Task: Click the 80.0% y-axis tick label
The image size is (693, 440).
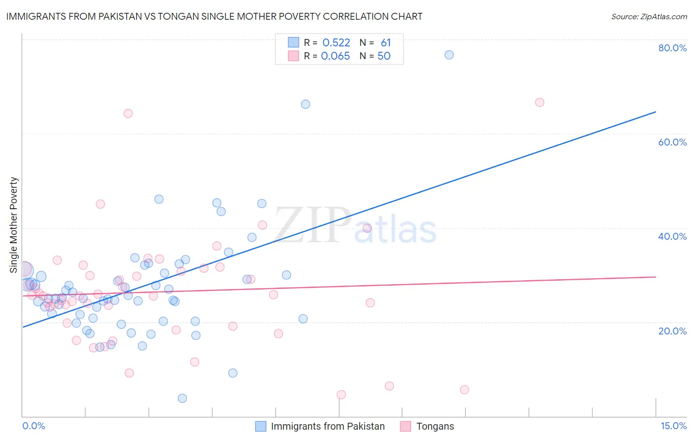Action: [672, 48]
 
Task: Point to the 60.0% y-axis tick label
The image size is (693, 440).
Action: [672, 142]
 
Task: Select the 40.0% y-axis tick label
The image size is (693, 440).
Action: [672, 236]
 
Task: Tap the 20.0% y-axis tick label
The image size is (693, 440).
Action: [672, 331]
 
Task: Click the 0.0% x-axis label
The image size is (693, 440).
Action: [34, 426]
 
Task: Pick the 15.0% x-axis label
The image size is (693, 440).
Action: [673, 426]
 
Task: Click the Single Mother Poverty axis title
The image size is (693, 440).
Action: [14, 225]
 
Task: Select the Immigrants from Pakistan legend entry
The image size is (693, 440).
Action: [328, 426]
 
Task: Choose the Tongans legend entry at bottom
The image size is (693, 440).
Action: [435, 426]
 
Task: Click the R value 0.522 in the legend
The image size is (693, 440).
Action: [336, 43]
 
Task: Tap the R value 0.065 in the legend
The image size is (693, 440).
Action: [335, 56]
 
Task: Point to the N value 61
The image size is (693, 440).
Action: [385, 43]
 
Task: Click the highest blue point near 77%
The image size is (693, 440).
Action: [449, 55]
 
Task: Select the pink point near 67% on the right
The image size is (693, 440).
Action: [540, 103]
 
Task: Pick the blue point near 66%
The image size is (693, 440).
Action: [306, 104]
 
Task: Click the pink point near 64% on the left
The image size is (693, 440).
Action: [128, 113]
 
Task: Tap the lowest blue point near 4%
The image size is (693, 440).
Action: [182, 398]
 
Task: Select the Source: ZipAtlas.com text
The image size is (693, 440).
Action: [649, 17]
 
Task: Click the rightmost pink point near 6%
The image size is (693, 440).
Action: [464, 390]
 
